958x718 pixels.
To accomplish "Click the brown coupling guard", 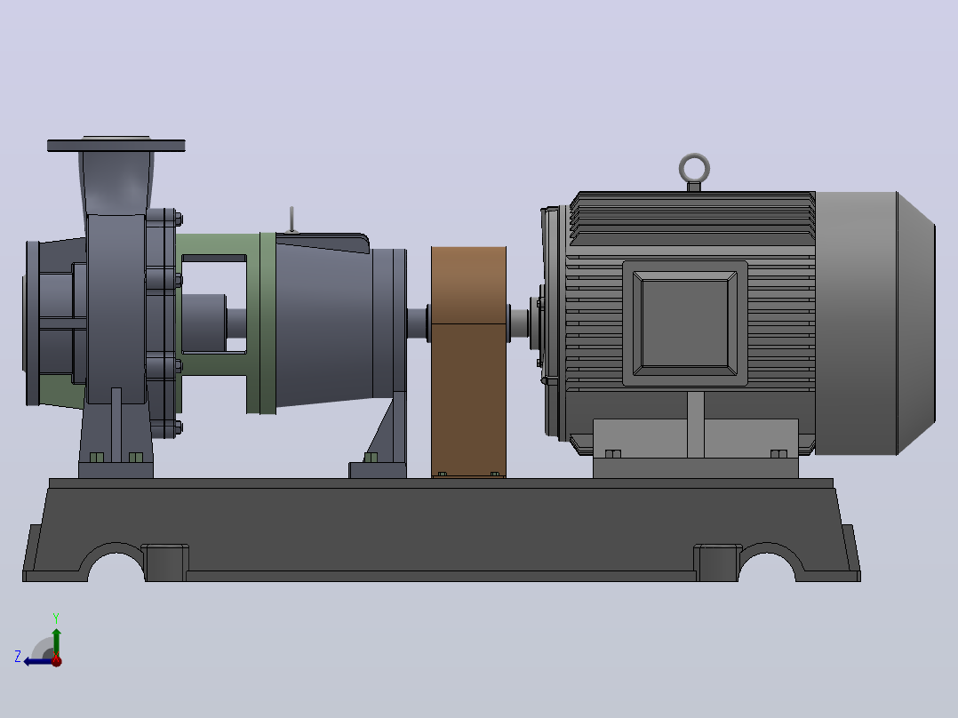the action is point(468,362).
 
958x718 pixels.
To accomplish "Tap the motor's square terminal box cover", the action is point(685,323).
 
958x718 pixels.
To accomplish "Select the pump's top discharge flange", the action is point(116,146).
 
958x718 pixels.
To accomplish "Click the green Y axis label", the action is point(56,618).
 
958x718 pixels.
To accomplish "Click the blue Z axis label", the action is point(18,657).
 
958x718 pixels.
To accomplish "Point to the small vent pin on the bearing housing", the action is point(292,219).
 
